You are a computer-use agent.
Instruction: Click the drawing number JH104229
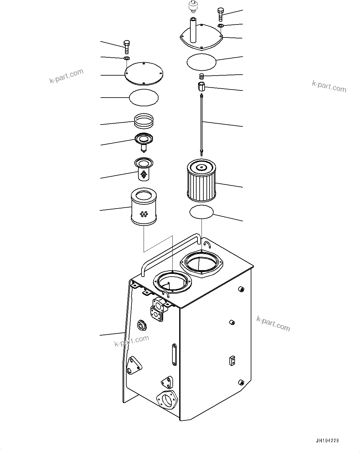tap(327, 441)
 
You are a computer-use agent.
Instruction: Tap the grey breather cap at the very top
tap(193, 6)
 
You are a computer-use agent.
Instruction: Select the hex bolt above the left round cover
tap(126, 46)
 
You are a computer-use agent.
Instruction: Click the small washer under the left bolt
tap(127, 58)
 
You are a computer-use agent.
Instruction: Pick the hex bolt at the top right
tap(220, 14)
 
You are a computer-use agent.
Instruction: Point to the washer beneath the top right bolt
tap(221, 25)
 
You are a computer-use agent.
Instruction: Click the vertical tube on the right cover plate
tap(193, 30)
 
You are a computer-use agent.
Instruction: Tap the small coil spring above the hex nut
tap(202, 76)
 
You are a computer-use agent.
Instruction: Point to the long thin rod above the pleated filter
tap(202, 124)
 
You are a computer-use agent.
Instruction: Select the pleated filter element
tap(202, 179)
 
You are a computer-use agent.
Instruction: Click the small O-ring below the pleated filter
tap(202, 212)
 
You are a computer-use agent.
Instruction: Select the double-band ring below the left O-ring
tap(144, 121)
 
